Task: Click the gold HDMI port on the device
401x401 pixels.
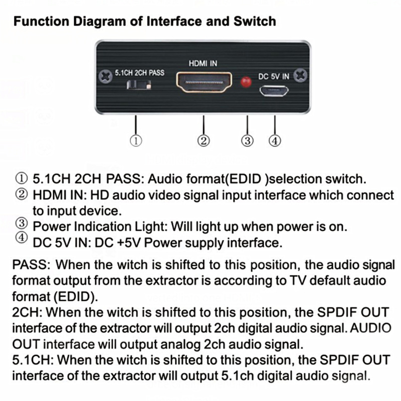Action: [204, 82]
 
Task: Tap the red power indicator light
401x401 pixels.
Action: [246, 82]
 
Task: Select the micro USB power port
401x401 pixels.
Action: [274, 91]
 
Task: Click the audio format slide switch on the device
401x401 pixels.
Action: [139, 85]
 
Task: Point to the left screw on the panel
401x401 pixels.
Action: [105, 76]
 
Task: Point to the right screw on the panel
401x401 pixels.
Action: [300, 75]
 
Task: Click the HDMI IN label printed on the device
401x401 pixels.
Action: [203, 64]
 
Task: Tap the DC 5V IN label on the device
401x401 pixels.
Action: [274, 77]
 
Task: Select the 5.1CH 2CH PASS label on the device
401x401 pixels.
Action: [139, 73]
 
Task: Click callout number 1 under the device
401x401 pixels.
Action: [136, 141]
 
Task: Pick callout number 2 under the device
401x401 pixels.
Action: [204, 141]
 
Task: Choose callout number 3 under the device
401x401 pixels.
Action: [247, 141]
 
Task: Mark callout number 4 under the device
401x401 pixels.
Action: [275, 141]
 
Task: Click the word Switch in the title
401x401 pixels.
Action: [255, 21]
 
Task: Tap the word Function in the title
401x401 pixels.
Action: [41, 21]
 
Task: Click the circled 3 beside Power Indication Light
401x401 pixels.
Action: [22, 223]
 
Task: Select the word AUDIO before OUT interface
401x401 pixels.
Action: [370, 328]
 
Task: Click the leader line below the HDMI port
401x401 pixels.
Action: [204, 125]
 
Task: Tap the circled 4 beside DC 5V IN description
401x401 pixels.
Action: [22, 238]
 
